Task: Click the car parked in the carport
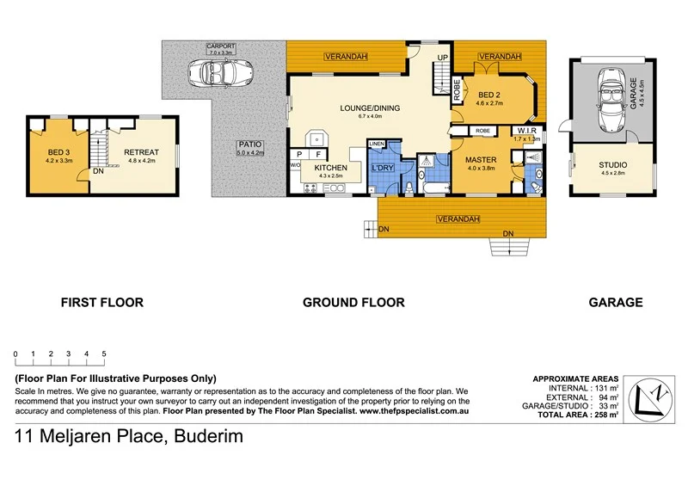pyautogui.click(x=222, y=72)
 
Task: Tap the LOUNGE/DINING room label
pyautogui.click(x=368, y=108)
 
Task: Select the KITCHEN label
pyautogui.click(x=330, y=167)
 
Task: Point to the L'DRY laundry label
pyautogui.click(x=383, y=167)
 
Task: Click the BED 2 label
pyautogui.click(x=488, y=94)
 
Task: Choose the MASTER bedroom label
pyautogui.click(x=482, y=160)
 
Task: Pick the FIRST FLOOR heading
pyautogui.click(x=101, y=302)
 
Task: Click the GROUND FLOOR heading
pyautogui.click(x=353, y=302)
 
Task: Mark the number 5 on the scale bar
pyautogui.click(x=104, y=354)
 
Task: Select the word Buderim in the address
pyautogui.click(x=204, y=436)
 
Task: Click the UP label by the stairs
pyautogui.click(x=443, y=58)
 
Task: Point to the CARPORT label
pyautogui.click(x=221, y=46)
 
